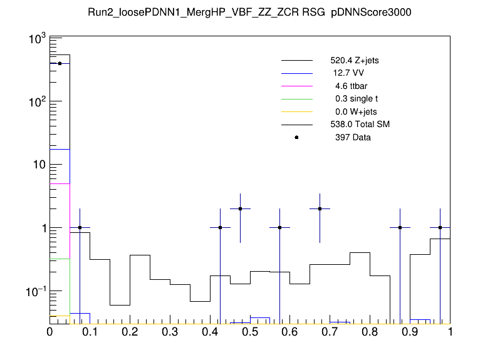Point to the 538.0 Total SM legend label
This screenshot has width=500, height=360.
click(x=360, y=125)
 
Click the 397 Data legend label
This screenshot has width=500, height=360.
click(x=353, y=137)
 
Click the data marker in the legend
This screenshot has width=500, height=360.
click(x=297, y=137)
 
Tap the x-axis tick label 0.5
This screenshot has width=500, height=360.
click(x=250, y=332)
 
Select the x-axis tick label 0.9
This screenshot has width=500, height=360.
click(x=410, y=332)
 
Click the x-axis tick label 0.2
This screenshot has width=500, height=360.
click(x=130, y=332)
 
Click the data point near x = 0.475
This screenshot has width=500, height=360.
click(x=240, y=209)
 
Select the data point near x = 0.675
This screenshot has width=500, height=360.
click(x=320, y=209)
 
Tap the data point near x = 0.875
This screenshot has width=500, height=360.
click(x=400, y=228)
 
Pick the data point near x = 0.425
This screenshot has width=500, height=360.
click(x=220, y=228)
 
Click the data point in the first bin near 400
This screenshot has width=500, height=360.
click(x=60, y=63)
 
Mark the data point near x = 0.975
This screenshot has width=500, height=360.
click(x=440, y=228)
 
